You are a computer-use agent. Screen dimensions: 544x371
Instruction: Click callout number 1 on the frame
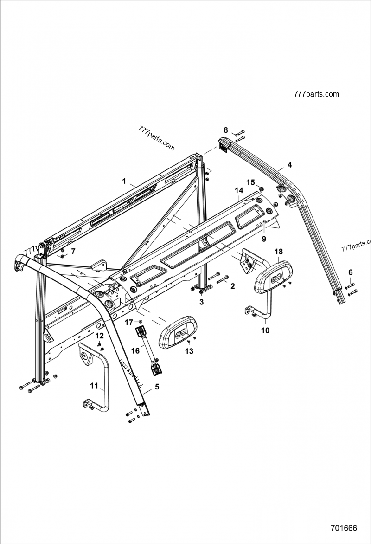coord(124,181)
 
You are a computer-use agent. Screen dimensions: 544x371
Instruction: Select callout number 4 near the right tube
coord(289,165)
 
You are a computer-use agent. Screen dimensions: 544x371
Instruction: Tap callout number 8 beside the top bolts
coord(226,130)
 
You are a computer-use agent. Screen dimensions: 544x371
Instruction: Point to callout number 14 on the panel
coord(239,191)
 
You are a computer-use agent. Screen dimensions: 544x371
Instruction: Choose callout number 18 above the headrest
coord(278,252)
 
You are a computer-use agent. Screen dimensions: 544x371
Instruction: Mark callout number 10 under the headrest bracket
coord(265,330)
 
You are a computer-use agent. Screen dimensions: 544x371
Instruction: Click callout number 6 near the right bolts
coord(351,272)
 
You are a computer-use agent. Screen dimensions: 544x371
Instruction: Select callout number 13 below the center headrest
coord(189,351)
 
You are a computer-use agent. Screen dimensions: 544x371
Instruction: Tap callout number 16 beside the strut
coord(135,350)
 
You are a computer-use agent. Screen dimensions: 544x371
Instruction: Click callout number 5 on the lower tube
coord(157,386)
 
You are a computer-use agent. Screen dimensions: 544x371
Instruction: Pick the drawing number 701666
coord(344,528)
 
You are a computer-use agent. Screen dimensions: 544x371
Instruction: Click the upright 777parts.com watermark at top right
coord(316,94)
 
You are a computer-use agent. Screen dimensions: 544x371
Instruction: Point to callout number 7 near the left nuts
coord(72,251)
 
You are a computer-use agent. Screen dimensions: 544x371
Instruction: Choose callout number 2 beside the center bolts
coord(232,286)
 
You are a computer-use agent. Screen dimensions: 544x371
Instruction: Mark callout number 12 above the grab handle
coord(99,335)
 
